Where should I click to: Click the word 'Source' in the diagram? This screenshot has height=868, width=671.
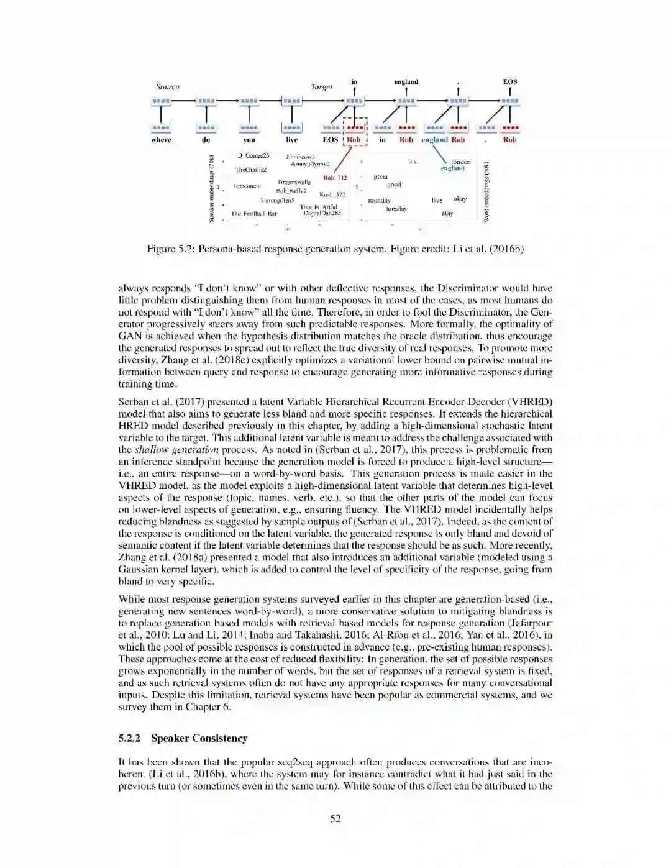(167, 87)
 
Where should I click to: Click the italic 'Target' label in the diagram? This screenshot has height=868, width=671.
(322, 87)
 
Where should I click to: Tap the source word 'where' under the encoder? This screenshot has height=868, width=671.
(161, 140)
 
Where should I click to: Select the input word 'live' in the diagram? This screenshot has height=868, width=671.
(291, 140)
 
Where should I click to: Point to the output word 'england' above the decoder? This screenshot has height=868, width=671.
(406, 81)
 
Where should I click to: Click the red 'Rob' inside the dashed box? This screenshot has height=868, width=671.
(354, 140)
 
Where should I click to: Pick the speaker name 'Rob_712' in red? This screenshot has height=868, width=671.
(335, 178)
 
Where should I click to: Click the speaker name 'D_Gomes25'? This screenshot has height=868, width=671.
(253, 155)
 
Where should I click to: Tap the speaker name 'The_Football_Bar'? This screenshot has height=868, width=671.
(254, 214)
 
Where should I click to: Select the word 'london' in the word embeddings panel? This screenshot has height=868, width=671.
(460, 162)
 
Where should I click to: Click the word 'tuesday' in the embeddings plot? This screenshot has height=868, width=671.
(396, 209)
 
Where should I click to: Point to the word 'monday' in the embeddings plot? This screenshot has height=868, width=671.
(379, 200)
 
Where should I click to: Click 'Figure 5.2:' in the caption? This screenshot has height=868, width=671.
(170, 249)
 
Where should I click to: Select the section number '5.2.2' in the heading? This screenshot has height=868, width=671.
(129, 738)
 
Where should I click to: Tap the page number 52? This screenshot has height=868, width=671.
(335, 818)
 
